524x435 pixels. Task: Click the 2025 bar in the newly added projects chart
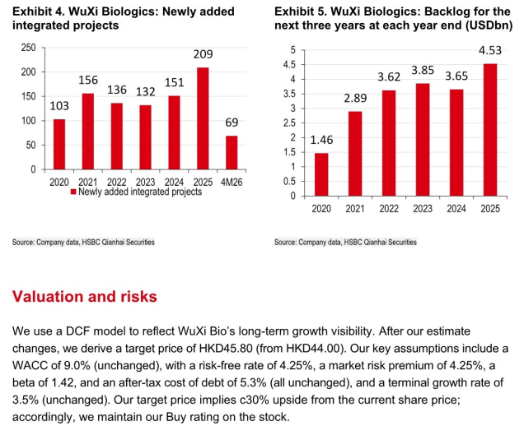tap(203, 118)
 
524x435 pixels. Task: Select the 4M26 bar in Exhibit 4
tap(232, 153)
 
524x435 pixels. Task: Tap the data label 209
tap(203, 54)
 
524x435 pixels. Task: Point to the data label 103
tap(59, 106)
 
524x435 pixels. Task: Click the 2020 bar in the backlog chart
tap(321, 174)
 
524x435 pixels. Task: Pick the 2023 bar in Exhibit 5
tap(423, 140)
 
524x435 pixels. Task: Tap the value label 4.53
tap(490, 50)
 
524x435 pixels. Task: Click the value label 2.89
tap(355, 98)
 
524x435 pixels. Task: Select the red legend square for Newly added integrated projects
tap(73, 192)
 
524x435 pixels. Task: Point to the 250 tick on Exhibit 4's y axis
tap(28, 48)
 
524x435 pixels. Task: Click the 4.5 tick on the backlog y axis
tap(289, 64)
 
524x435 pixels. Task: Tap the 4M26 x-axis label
tap(232, 182)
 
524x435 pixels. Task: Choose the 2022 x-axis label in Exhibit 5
tap(389, 209)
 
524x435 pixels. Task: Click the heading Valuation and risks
tap(85, 296)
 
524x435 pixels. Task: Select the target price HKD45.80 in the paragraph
tap(226, 349)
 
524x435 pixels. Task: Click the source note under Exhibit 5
tap(345, 243)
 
